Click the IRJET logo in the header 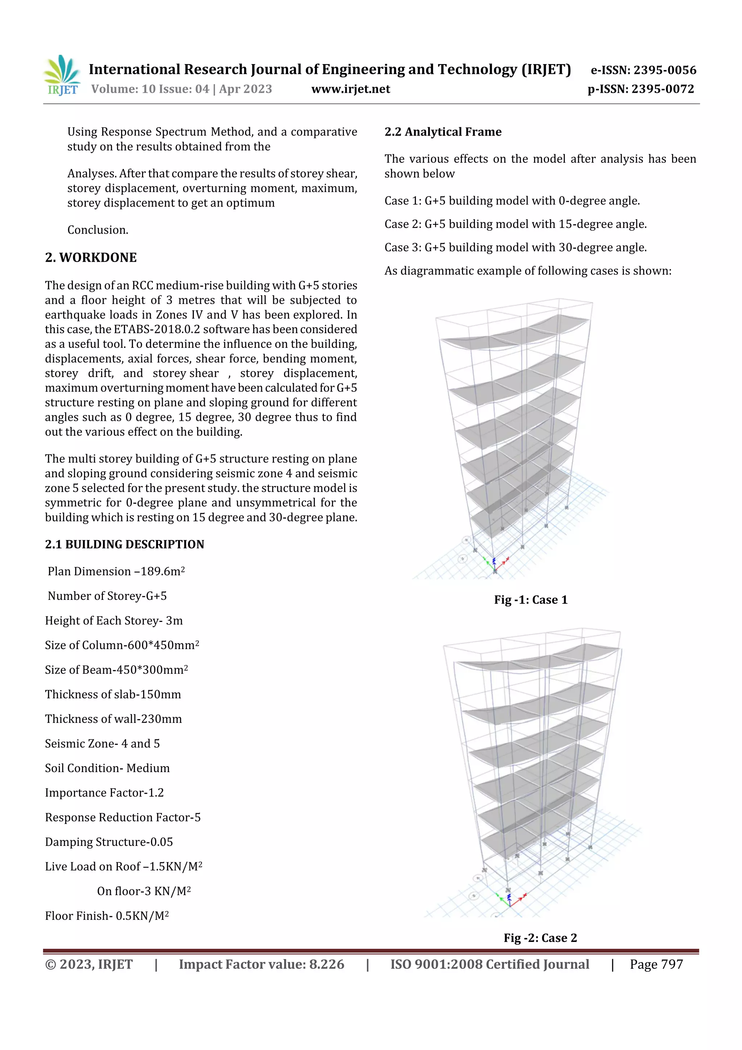pyautogui.click(x=62, y=75)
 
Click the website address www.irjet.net pyautogui.click(x=351, y=89)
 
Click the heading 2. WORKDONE pyautogui.click(x=91, y=257)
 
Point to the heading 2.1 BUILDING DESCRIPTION pyautogui.click(x=124, y=544)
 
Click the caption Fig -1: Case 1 pyautogui.click(x=530, y=599)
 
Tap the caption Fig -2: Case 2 pyautogui.click(x=540, y=938)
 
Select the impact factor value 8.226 pyautogui.click(x=326, y=964)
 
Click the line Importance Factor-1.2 pyautogui.click(x=104, y=793)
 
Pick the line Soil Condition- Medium pyautogui.click(x=107, y=768)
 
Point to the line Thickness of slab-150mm pyautogui.click(x=113, y=694)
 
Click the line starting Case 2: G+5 pyautogui.click(x=515, y=224)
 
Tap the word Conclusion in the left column pyautogui.click(x=98, y=230)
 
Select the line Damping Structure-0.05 pyautogui.click(x=109, y=842)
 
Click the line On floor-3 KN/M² pyautogui.click(x=143, y=891)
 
